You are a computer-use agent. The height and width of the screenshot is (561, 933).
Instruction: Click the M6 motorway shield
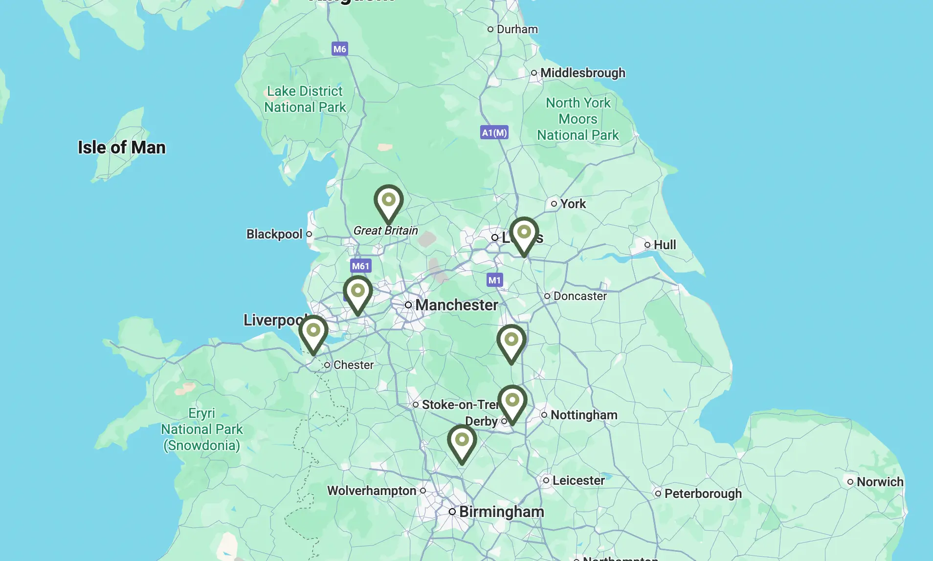point(339,49)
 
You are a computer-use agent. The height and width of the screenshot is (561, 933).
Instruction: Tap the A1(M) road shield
point(494,132)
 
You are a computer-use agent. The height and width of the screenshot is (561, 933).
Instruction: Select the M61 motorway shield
point(360,266)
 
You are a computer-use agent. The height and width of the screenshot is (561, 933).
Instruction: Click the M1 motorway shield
point(494,280)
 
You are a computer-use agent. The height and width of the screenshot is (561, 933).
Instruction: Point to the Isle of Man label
point(122,148)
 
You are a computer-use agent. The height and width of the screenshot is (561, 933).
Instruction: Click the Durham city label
point(517,29)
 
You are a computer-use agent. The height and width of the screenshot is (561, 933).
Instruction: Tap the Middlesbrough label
point(582,73)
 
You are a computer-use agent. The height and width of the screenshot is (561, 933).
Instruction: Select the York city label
point(573,204)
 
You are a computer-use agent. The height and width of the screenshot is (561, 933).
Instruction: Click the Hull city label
point(664,245)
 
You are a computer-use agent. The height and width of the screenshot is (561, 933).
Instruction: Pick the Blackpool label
point(274,234)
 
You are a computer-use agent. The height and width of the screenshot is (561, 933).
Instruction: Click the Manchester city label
point(456,305)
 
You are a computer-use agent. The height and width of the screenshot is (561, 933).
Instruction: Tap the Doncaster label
point(579,296)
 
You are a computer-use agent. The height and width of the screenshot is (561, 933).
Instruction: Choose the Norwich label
point(879,482)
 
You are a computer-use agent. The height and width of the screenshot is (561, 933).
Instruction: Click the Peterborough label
point(702,494)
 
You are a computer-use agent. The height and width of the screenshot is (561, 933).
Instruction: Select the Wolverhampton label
point(372,491)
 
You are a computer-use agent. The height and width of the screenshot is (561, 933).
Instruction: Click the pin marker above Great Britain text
point(388,202)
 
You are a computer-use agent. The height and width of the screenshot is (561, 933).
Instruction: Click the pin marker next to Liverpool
point(313,333)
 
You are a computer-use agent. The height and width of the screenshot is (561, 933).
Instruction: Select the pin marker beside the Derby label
point(512,403)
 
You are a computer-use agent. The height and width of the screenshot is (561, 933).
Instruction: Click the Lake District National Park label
point(305,99)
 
